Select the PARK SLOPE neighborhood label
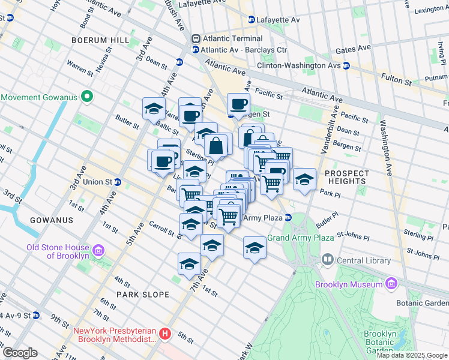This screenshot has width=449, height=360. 143,295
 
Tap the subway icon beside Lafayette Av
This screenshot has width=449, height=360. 251,20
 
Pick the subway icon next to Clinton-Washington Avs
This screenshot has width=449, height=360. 346,65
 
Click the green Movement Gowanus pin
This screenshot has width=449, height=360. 88,97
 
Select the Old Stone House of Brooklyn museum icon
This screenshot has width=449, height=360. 99,249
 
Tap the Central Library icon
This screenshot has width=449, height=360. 328,260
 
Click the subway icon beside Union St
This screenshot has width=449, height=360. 118,182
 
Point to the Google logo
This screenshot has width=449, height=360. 19,353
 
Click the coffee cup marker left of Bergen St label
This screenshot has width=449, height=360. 238,104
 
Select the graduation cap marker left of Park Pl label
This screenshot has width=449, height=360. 304,179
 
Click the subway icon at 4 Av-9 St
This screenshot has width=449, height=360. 36,315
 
